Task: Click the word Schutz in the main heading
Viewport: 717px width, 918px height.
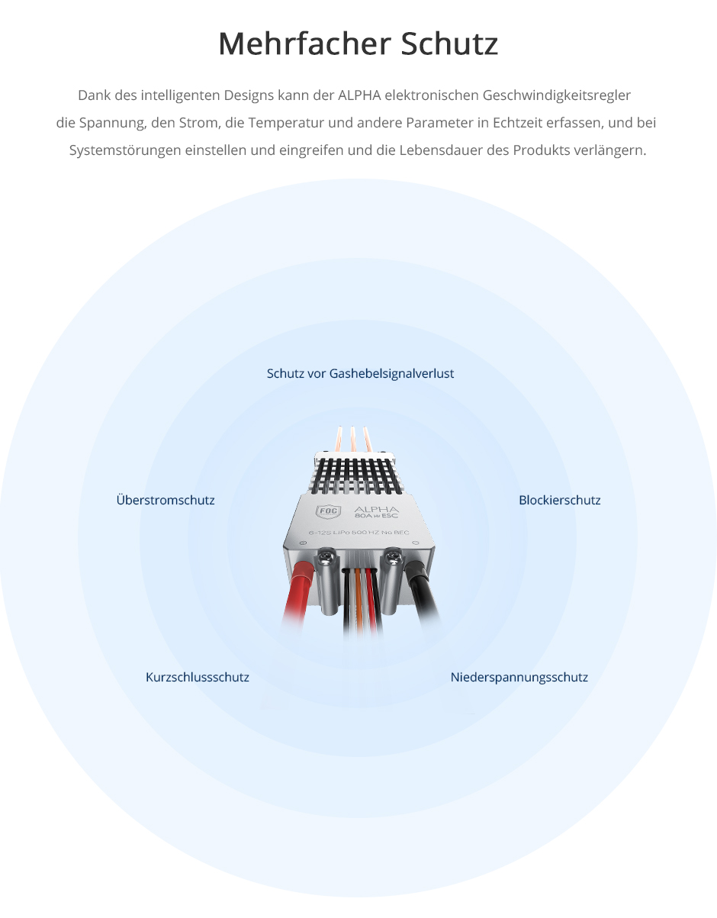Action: click(x=449, y=43)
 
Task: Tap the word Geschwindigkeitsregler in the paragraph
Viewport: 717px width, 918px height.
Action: click(x=557, y=95)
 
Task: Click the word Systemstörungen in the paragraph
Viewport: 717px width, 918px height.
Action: click(x=125, y=150)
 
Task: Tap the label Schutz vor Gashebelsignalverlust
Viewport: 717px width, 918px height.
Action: click(x=360, y=373)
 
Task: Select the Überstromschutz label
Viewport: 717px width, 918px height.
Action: click(x=166, y=500)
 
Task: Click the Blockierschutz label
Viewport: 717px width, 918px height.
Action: click(x=560, y=500)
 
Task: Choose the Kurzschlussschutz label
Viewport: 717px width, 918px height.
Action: click(x=198, y=677)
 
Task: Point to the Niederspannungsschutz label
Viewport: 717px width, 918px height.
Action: click(x=519, y=677)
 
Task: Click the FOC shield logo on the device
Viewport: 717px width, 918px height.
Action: click(x=328, y=511)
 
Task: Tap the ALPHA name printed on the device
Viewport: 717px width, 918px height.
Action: click(x=376, y=509)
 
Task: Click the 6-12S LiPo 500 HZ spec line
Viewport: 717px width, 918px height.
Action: click(x=359, y=533)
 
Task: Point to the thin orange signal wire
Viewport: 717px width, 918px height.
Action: click(x=359, y=600)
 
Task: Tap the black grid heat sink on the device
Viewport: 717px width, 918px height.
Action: click(x=357, y=476)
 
